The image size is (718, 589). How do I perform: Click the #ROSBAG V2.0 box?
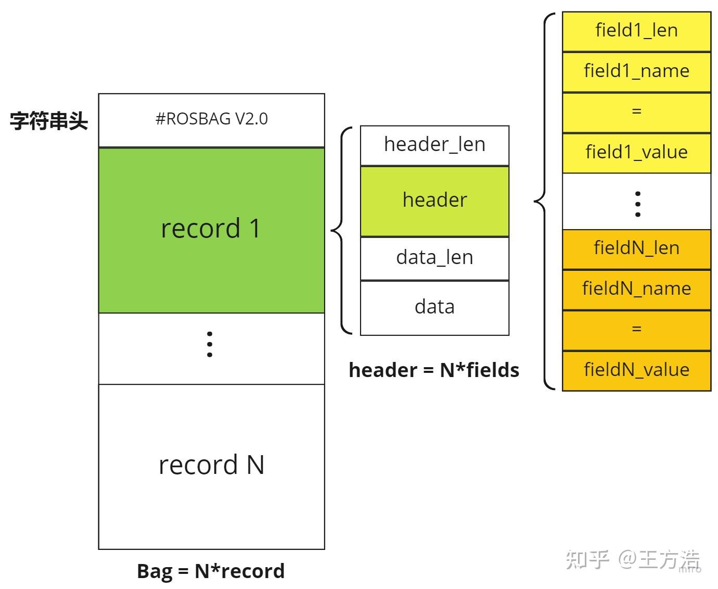point(211,120)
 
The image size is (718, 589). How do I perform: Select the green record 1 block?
point(211,230)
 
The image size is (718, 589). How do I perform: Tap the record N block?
point(211,466)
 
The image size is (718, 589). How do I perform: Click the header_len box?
point(434,145)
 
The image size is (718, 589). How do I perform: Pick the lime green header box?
point(434,200)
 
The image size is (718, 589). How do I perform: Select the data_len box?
point(434,258)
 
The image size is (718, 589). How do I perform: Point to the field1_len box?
point(636,31)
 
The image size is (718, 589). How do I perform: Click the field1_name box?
point(636,71)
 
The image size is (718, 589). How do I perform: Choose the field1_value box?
point(636,153)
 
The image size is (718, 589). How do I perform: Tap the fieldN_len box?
point(636,248)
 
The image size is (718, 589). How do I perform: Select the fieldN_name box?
point(636,289)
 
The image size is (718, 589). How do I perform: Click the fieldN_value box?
point(636,370)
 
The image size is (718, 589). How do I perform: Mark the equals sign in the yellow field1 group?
point(636,111)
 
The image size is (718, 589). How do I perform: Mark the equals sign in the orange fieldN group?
point(636,330)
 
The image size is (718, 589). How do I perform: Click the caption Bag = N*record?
point(211,571)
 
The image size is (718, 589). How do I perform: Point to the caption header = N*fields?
point(434,370)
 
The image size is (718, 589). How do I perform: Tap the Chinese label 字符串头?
point(49,121)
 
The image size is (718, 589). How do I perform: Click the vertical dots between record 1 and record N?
point(210,344)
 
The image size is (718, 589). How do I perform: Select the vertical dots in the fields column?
point(637,204)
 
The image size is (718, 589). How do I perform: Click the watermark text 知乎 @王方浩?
point(633,560)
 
